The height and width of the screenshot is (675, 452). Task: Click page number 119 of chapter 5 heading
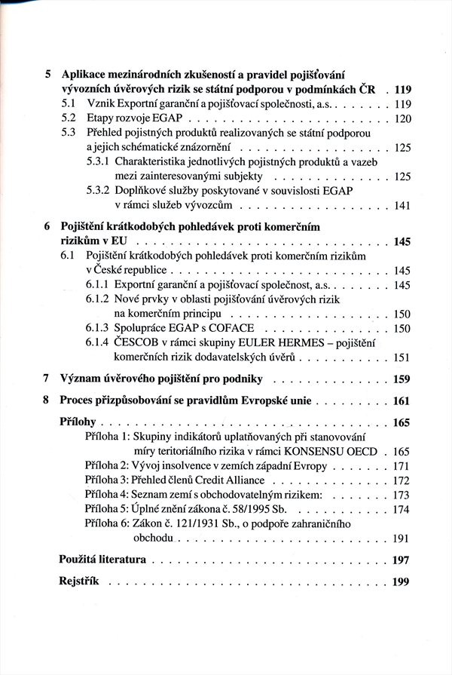(x=401, y=89)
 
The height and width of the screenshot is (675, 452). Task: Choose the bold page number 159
(x=401, y=379)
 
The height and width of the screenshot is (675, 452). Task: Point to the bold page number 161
(x=401, y=400)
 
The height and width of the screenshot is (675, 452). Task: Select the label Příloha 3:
(x=108, y=480)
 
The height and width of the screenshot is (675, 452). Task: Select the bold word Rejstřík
(x=80, y=581)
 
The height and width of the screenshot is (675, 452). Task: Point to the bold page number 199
(x=401, y=581)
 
